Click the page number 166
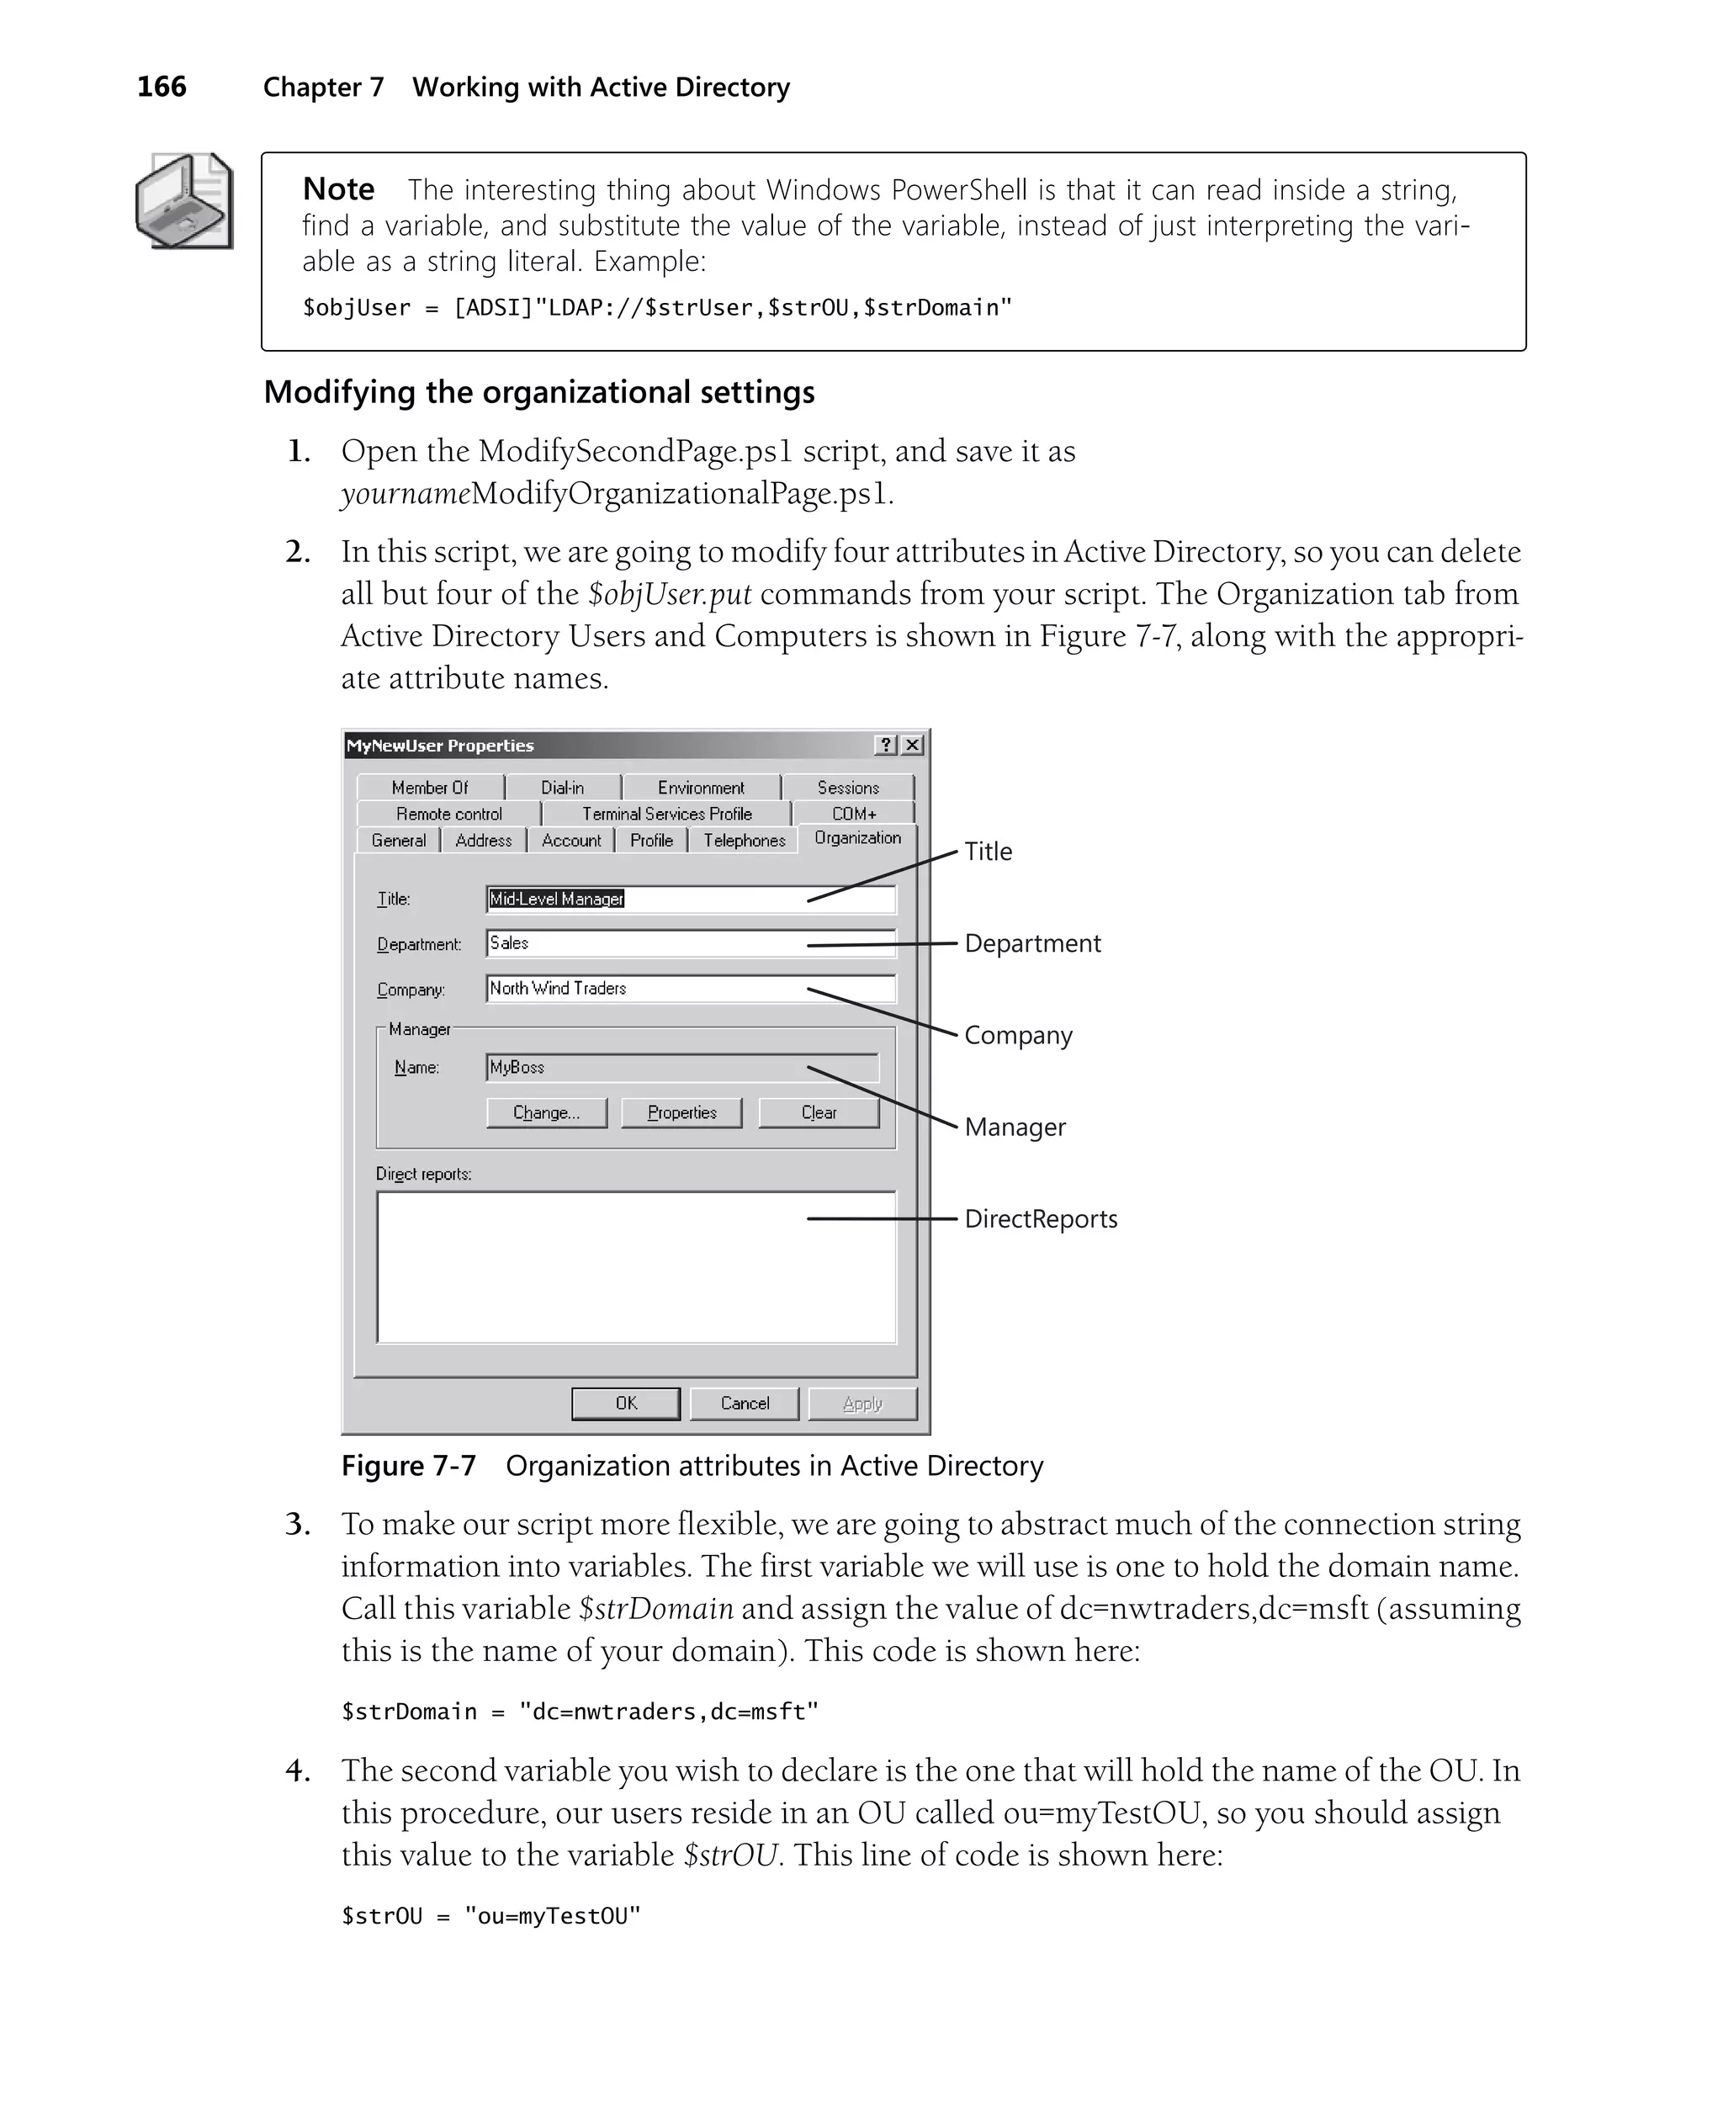point(161,88)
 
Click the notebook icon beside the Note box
point(184,200)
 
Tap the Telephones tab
point(745,841)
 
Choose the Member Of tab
point(430,787)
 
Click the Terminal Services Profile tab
point(667,814)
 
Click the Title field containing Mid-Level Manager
point(690,900)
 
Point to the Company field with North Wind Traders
point(690,989)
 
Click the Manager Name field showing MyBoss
point(681,1068)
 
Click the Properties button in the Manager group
point(681,1112)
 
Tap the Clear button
point(819,1112)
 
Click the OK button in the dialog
point(625,1404)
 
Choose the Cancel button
point(745,1404)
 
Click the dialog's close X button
point(912,746)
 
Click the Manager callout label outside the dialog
point(1015,1128)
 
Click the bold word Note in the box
point(338,188)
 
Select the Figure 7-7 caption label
point(409,1466)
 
